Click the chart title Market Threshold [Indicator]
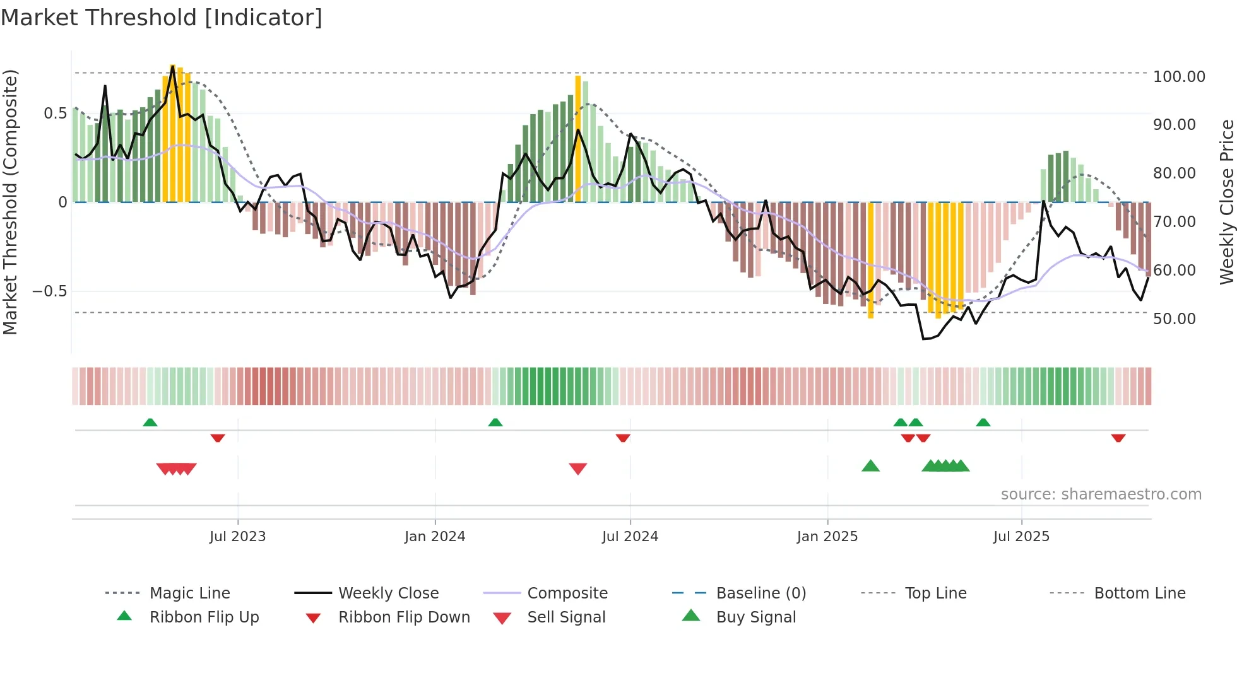(162, 18)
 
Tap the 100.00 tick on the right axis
(1178, 77)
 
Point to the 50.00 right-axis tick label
(1174, 319)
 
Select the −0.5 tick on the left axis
(49, 291)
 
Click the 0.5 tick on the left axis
(55, 114)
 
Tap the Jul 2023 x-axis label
(237, 537)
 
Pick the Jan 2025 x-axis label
(827, 537)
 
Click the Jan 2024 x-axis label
(435, 537)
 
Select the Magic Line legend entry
(189, 593)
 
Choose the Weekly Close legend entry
(388, 593)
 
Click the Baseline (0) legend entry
(761, 593)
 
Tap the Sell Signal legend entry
(566, 617)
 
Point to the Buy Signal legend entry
(755, 617)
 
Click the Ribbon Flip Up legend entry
(204, 617)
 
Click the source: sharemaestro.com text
(1101, 494)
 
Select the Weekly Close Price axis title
(1226, 202)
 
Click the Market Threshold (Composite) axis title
(10, 202)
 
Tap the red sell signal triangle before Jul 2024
(577, 469)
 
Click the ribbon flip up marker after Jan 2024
(495, 423)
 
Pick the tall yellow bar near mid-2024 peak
(577, 139)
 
